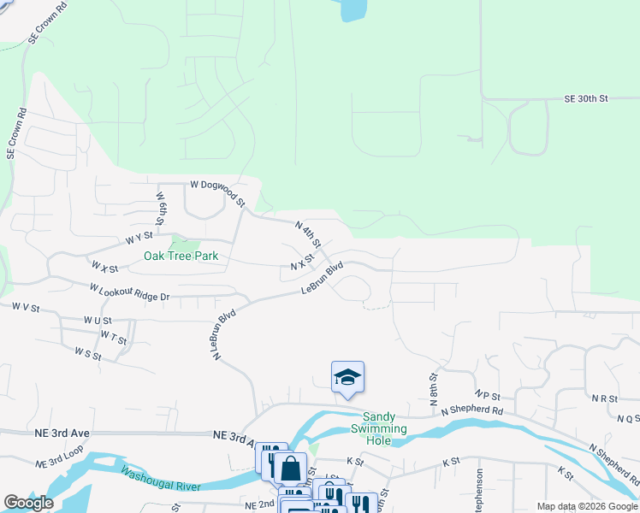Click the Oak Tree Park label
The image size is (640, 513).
click(x=181, y=256)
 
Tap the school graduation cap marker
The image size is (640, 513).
click(x=347, y=376)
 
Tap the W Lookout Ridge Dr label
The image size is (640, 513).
click(x=130, y=292)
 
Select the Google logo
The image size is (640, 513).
click(x=28, y=503)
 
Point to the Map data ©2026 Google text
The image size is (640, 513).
click(x=586, y=506)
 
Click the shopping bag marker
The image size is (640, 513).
click(x=290, y=468)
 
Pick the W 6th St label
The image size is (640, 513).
click(x=160, y=208)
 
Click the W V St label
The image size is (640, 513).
click(x=26, y=306)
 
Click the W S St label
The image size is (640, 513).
click(x=88, y=352)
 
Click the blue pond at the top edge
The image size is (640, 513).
click(x=353, y=9)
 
